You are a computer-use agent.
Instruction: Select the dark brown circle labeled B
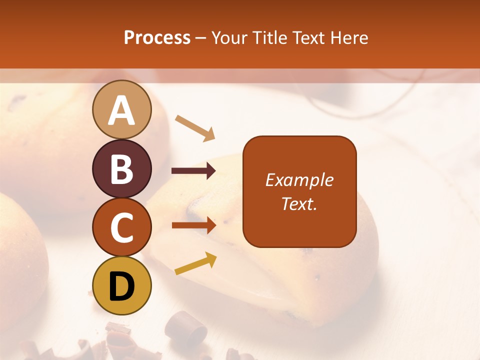click(122, 168)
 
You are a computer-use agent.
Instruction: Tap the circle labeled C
click(122, 227)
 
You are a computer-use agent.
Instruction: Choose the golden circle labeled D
click(122, 285)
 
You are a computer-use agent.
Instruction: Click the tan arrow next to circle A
click(195, 128)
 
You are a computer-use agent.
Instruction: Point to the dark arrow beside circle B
click(193, 171)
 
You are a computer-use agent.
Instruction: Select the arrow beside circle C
click(193, 225)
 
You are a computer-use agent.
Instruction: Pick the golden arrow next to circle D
click(195, 263)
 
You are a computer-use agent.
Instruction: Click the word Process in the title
click(157, 37)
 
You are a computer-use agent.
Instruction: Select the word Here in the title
click(349, 37)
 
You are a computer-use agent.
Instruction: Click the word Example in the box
click(299, 180)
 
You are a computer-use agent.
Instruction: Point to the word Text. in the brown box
click(299, 203)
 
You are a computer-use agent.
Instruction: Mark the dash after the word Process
click(201, 38)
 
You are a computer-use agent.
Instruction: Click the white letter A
click(122, 110)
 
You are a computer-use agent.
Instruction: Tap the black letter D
click(122, 286)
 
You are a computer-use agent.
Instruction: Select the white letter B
click(122, 169)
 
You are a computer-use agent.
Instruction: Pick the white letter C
click(122, 227)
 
